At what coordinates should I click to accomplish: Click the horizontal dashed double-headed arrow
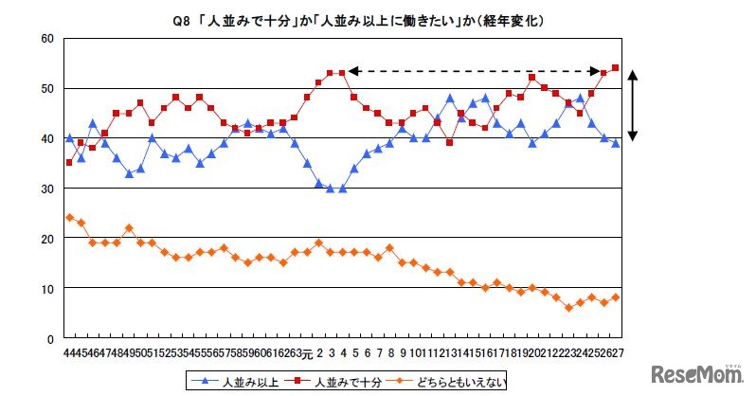[474, 71]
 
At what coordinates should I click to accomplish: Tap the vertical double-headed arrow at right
[634, 104]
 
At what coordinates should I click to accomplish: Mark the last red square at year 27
[615, 68]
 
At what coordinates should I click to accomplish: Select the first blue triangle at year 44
[69, 137]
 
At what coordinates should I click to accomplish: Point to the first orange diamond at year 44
[69, 217]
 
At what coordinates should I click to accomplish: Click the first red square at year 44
[69, 163]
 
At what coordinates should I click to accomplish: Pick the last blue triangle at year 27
[615, 143]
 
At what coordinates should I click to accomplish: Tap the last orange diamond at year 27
[615, 297]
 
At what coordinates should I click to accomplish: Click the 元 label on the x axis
[307, 352]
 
